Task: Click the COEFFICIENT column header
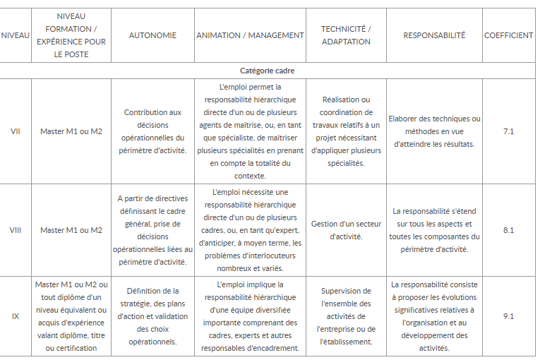(508, 35)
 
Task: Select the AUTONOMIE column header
(152, 35)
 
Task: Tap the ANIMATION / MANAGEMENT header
(250, 35)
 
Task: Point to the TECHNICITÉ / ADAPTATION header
(346, 35)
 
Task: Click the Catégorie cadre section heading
(268, 71)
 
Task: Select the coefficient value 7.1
(508, 131)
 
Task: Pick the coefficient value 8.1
(508, 230)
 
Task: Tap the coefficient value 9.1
(508, 316)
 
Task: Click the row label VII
(16, 131)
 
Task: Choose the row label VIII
(16, 230)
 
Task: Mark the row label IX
(16, 316)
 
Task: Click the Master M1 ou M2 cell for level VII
(71, 131)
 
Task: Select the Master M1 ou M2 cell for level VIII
(71, 230)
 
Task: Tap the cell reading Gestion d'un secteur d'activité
(346, 230)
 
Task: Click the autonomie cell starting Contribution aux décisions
(152, 131)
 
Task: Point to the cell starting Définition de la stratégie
(152, 316)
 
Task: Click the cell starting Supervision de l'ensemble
(346, 316)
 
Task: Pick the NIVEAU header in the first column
(16, 35)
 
